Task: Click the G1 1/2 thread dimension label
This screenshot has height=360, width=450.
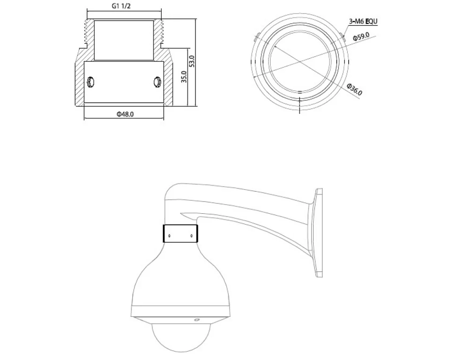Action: pos(121,6)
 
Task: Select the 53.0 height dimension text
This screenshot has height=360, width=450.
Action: pos(192,61)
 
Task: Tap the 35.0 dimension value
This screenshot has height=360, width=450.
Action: pos(184,77)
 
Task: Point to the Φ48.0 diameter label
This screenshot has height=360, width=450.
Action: pos(125,114)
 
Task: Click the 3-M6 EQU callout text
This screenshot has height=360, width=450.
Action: pos(363,21)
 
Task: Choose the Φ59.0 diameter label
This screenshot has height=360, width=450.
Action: pos(361,37)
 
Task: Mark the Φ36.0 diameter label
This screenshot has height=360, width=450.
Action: pos(354,90)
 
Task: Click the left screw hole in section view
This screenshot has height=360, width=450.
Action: pos(90,82)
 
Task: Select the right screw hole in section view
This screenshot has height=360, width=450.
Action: pos(157,82)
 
